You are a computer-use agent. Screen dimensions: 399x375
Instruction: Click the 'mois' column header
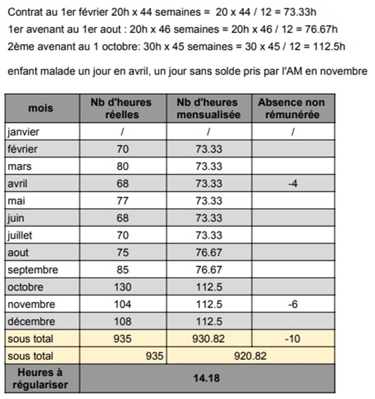41,108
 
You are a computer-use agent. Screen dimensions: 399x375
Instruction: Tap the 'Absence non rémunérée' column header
291,108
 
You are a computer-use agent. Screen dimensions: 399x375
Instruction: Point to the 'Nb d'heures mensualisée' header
207,108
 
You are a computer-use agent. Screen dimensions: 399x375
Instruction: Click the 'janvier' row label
24,132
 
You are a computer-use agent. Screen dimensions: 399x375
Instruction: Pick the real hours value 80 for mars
122,167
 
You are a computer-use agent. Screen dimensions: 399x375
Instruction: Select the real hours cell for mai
122,201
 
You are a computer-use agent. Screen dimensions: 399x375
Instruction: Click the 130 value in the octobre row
122,287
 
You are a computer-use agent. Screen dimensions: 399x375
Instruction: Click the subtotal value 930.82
209,339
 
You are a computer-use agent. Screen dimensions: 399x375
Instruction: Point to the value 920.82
249,356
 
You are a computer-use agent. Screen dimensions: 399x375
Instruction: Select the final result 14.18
208,378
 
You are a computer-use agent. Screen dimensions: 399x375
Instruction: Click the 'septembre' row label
33,270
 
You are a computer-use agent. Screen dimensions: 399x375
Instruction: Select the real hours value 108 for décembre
122,322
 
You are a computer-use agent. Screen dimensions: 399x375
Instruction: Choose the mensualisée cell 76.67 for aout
209,252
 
